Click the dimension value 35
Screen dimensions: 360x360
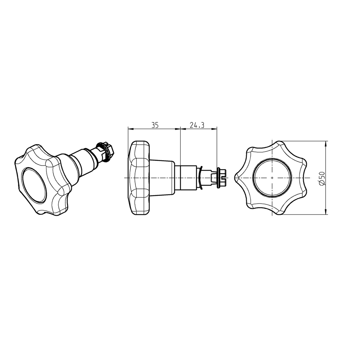tap(155, 125)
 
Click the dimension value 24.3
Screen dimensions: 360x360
tap(197, 125)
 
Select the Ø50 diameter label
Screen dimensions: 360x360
tap(321, 178)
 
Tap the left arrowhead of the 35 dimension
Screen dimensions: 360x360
tap(130, 129)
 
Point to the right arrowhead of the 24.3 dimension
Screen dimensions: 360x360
tap(214, 129)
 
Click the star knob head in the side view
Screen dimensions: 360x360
tap(139, 178)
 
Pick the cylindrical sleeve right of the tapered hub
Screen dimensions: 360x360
tap(186, 178)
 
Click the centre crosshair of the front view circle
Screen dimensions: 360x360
tap(272, 178)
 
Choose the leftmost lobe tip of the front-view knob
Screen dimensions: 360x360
tap(236, 178)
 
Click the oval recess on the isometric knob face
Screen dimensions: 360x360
tap(34, 185)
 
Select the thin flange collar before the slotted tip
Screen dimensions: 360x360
tap(219, 178)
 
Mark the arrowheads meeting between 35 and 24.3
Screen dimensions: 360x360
tap(180, 129)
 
